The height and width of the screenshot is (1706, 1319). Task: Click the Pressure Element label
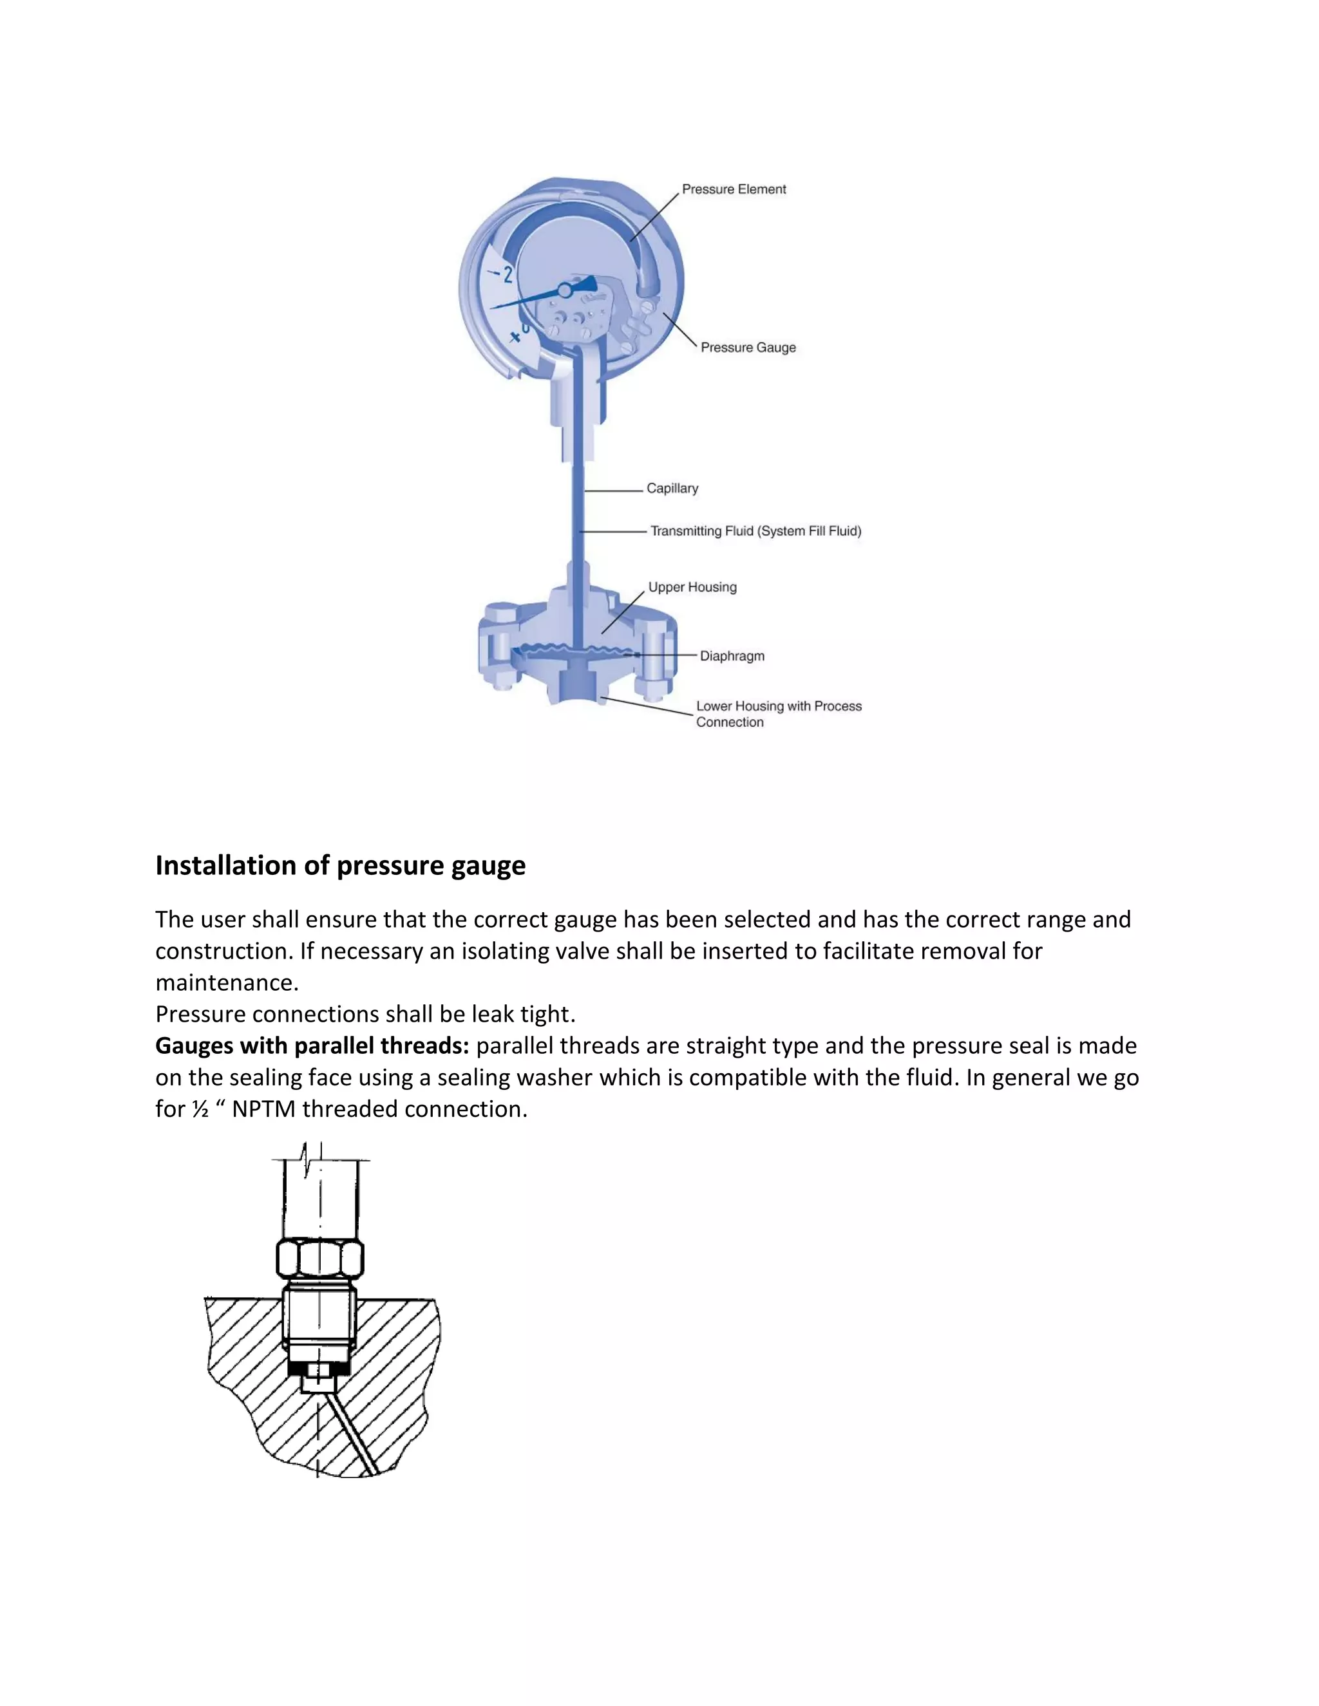pos(734,189)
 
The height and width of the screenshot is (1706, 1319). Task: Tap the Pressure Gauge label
pos(748,348)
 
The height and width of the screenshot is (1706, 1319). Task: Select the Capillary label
pos(672,488)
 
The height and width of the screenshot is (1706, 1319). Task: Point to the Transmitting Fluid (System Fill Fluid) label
pos(755,531)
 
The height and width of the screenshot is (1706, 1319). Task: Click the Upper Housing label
pos(692,587)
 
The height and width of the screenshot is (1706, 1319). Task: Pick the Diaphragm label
pos(732,656)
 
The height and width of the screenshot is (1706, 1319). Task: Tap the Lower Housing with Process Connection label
pos(778,714)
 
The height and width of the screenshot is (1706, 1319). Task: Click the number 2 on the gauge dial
pos(508,274)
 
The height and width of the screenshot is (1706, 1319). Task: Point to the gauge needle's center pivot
pos(564,290)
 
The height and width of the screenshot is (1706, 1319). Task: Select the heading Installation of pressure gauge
pos(340,865)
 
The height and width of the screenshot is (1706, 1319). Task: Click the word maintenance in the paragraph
pos(227,982)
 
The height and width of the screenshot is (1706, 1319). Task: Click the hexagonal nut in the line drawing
pos(320,1259)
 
